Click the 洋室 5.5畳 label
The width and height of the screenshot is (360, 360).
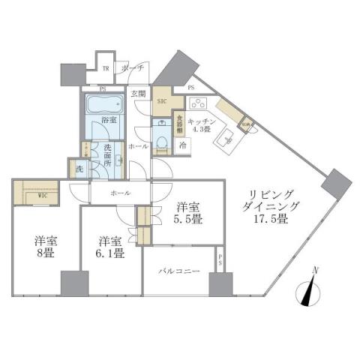click(x=187, y=214)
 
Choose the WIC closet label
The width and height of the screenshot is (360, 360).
click(x=26, y=196)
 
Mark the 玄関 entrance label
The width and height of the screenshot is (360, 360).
click(x=138, y=94)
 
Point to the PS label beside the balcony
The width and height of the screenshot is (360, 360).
click(x=220, y=259)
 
